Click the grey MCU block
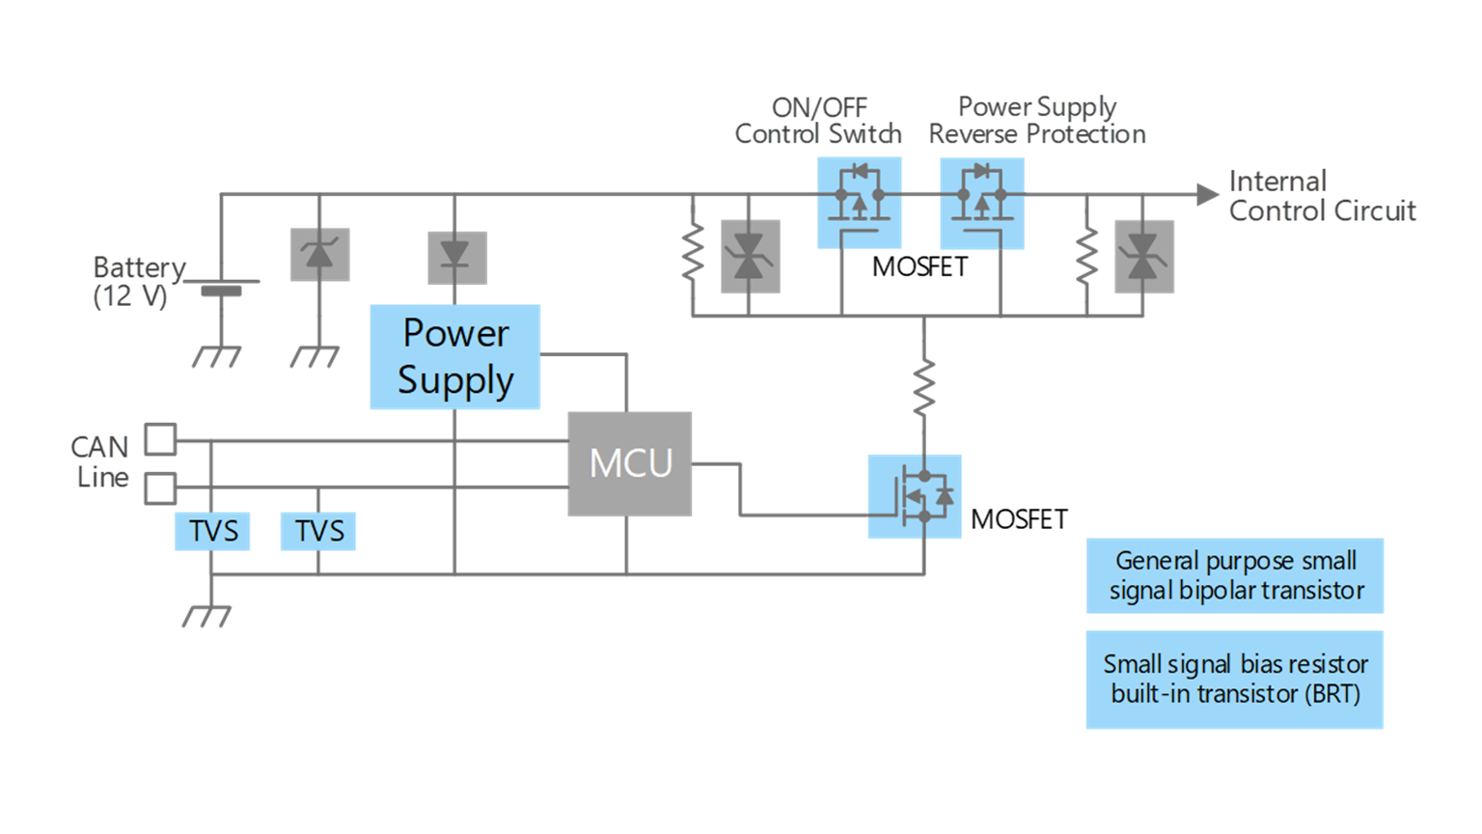[629, 463]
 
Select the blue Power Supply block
[454, 356]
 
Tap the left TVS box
[212, 531]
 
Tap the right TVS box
[318, 531]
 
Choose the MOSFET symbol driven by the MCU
[915, 496]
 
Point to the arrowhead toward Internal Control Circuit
[1207, 194]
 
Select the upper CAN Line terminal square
[160, 439]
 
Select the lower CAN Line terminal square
[160, 487]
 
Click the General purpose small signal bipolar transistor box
[1234, 575]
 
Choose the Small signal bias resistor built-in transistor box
[1234, 679]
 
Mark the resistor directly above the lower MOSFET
[923, 386]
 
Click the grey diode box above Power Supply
[456, 258]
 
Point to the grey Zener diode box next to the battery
[319, 255]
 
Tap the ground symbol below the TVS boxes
[207, 615]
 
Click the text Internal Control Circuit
[1321, 196]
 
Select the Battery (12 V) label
[137, 281]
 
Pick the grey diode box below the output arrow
[1143, 257]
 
